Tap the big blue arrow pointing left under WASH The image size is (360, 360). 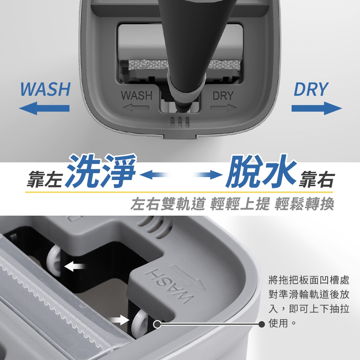coord(44,108)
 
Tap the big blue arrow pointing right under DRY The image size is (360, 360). coord(316,108)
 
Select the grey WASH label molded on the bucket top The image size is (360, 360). coord(136,95)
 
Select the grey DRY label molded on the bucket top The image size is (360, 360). coord(223,95)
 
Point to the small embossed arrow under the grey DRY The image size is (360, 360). coord(224,107)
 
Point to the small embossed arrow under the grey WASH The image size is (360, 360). coord(136,107)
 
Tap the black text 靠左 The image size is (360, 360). coord(44,180)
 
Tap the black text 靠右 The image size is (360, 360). coord(316,180)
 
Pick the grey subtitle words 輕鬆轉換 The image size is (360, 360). coord(304,204)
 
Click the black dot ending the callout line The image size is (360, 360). coord(261,324)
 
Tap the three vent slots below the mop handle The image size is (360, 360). coord(180,122)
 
